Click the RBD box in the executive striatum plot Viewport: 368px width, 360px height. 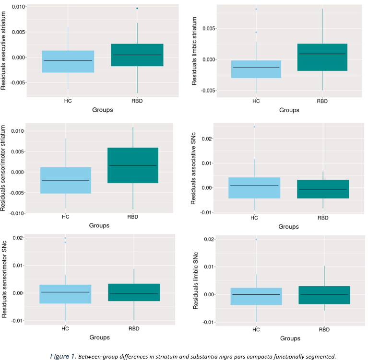[x=138, y=55]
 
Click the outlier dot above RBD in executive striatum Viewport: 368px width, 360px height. [x=137, y=8]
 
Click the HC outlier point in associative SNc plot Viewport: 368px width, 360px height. [x=254, y=127]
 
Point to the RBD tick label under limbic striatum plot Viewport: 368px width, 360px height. [x=322, y=101]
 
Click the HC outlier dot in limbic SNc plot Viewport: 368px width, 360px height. [x=256, y=239]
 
